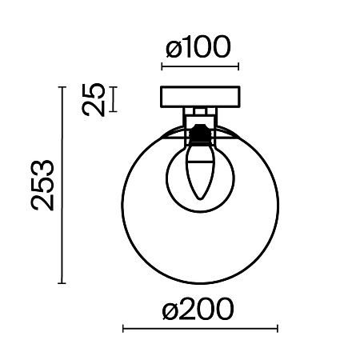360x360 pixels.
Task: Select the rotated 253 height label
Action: coord(43,185)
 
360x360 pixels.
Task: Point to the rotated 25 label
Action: coord(95,100)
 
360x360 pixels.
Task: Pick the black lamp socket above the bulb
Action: coord(200,130)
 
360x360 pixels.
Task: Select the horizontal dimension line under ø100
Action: coord(201,66)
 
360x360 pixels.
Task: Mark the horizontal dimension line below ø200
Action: coord(199,328)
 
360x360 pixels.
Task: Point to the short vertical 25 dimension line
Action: coord(113,99)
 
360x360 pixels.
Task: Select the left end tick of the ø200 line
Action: coord(122,328)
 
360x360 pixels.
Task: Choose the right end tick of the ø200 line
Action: coord(277,328)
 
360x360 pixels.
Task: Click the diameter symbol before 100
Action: coord(172,50)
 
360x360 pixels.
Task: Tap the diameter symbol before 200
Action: coord(170,310)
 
